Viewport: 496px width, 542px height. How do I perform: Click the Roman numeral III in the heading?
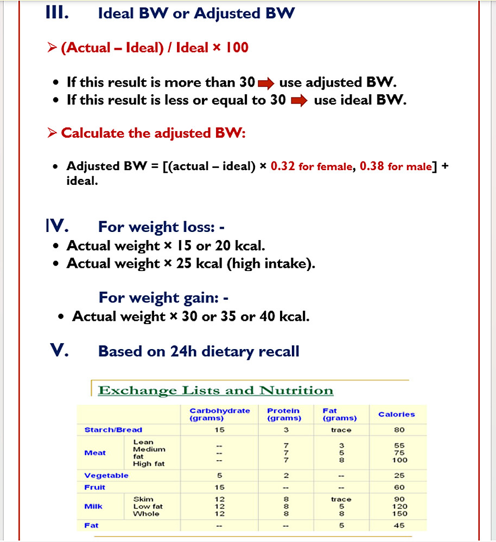coord(57,13)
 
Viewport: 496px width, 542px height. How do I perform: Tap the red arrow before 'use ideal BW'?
coord(300,101)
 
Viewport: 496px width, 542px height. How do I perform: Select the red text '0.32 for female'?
coord(311,166)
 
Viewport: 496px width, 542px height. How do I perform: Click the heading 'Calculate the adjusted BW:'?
coord(153,133)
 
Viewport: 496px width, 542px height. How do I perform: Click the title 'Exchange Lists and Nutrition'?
coord(215,390)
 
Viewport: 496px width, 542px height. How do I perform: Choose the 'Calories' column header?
coord(397,415)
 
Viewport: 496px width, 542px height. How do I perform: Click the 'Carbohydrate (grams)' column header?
coord(220,415)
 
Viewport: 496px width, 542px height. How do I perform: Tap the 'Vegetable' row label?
coord(106,475)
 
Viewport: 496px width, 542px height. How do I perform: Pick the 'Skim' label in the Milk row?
coord(143,499)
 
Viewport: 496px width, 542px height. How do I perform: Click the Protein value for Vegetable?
coord(286,475)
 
